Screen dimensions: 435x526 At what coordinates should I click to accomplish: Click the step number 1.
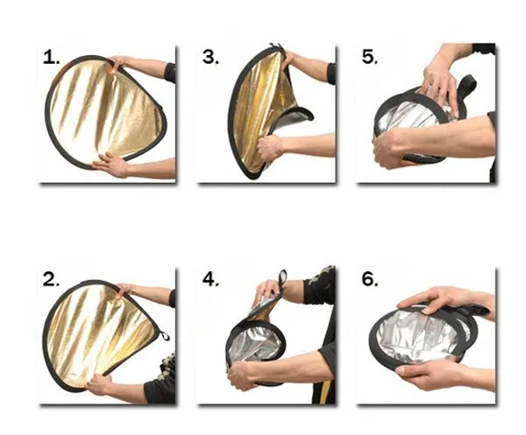52,59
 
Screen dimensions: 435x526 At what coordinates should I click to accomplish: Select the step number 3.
210,58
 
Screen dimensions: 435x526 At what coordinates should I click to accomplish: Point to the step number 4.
210,280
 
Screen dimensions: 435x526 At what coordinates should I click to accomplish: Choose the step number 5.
369,58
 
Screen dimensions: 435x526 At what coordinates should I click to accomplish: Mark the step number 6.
370,280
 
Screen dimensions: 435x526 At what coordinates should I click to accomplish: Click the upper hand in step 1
117,63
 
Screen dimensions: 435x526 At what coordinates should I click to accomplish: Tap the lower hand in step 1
111,164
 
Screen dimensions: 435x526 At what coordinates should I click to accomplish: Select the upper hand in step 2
125,290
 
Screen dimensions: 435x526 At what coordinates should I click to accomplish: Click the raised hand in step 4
267,290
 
